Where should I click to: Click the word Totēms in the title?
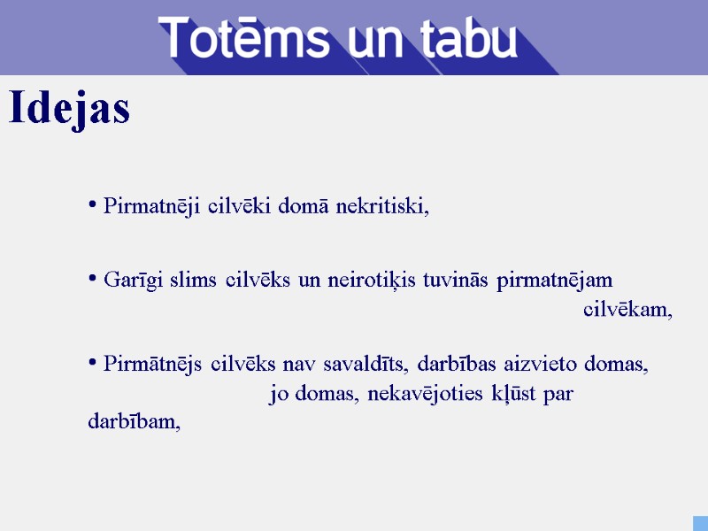240,39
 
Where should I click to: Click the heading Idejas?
69,109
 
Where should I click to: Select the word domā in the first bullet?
305,207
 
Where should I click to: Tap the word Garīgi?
130,281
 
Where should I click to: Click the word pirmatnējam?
555,281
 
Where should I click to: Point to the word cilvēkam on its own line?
627,310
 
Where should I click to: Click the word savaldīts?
366,364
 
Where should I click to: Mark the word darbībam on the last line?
133,422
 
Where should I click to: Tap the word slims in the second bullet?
192,281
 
